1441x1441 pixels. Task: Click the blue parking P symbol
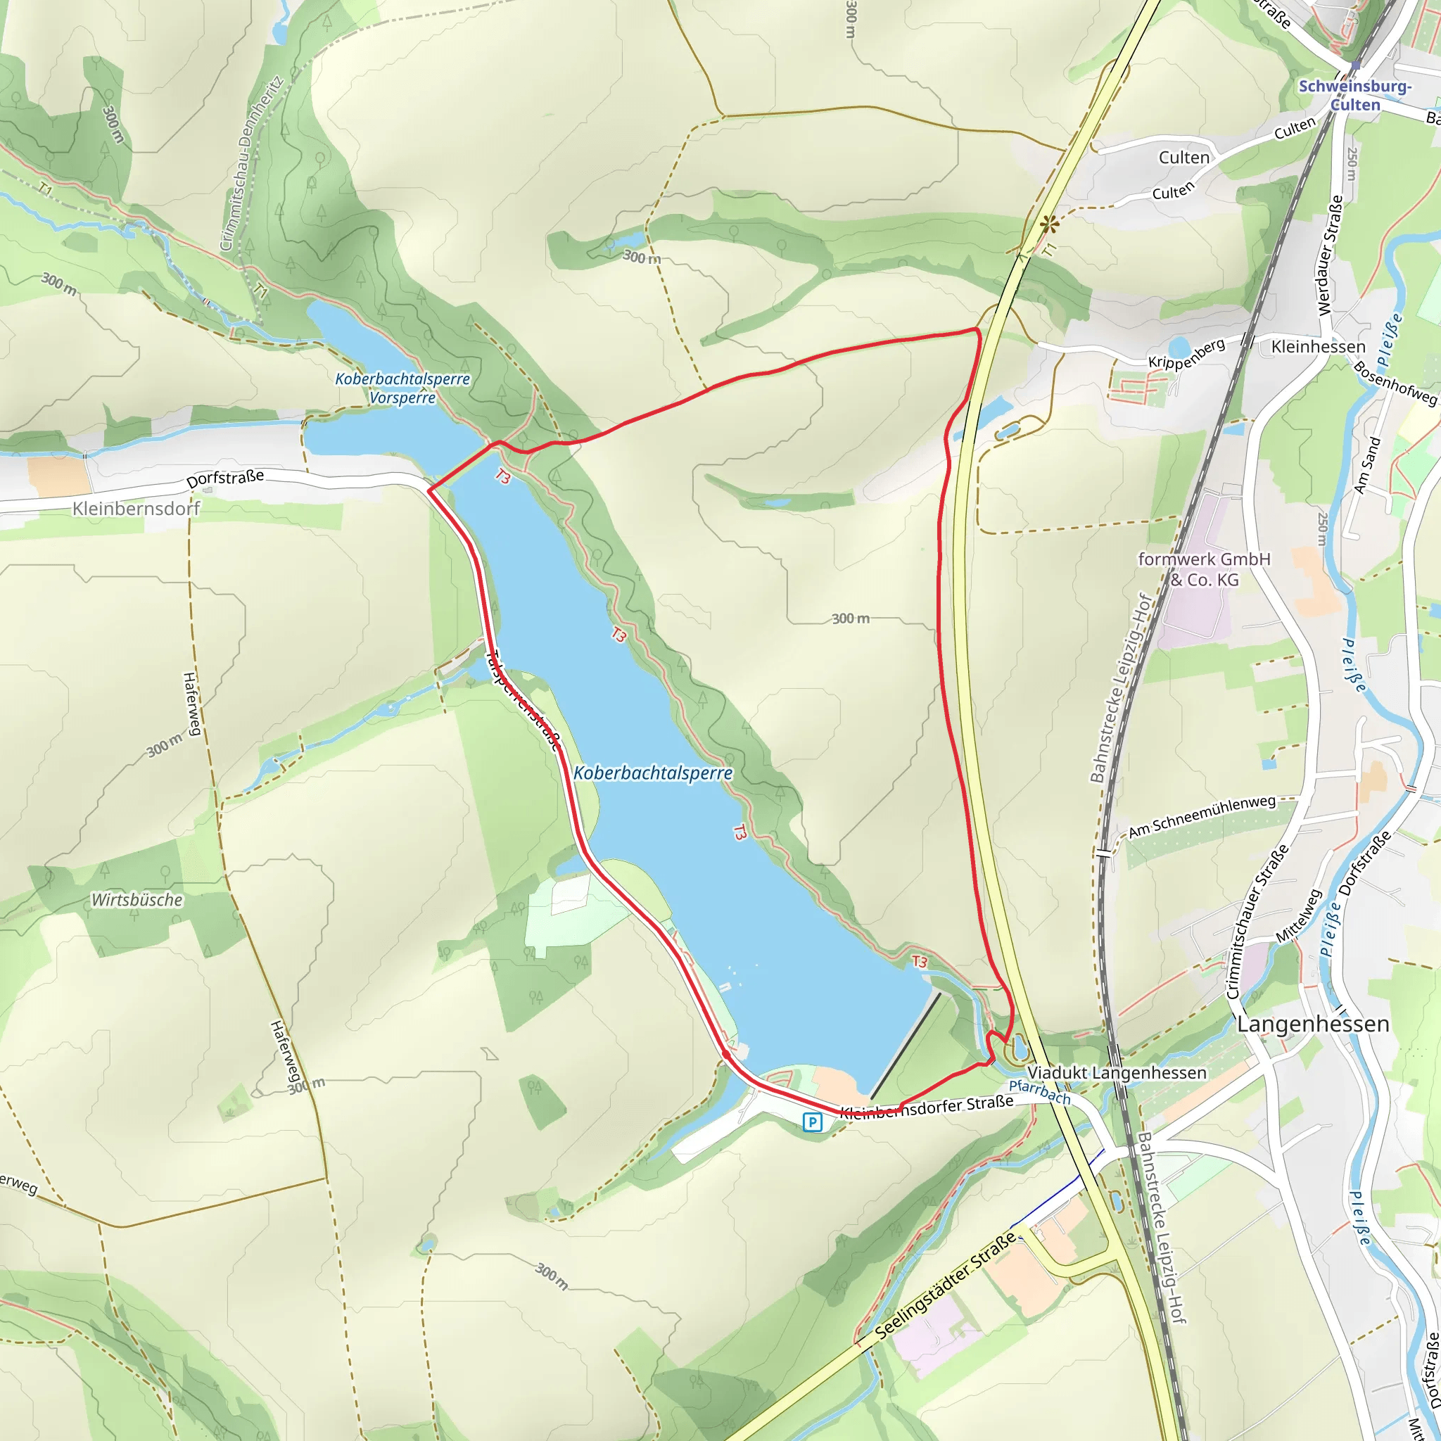pyautogui.click(x=812, y=1122)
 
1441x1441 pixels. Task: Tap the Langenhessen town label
pyautogui.click(x=1313, y=1024)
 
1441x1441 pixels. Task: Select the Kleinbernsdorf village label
pyautogui.click(x=137, y=509)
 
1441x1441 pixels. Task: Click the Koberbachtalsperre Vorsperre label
pyautogui.click(x=402, y=388)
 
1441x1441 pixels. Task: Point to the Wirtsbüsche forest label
pyautogui.click(x=137, y=900)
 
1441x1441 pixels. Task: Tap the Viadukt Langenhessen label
pyautogui.click(x=1117, y=1072)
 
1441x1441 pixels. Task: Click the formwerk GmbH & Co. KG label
pyautogui.click(x=1204, y=569)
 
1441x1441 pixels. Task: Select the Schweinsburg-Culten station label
pyautogui.click(x=1355, y=96)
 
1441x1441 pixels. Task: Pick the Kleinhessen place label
pyautogui.click(x=1318, y=347)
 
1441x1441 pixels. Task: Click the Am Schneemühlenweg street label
pyautogui.click(x=1202, y=817)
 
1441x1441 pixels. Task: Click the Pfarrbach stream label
pyautogui.click(x=1039, y=1092)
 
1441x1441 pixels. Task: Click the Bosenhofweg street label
pyautogui.click(x=1395, y=383)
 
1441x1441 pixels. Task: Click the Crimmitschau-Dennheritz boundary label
pyautogui.click(x=251, y=163)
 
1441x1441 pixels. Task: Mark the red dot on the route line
pyautogui.click(x=725, y=1054)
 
